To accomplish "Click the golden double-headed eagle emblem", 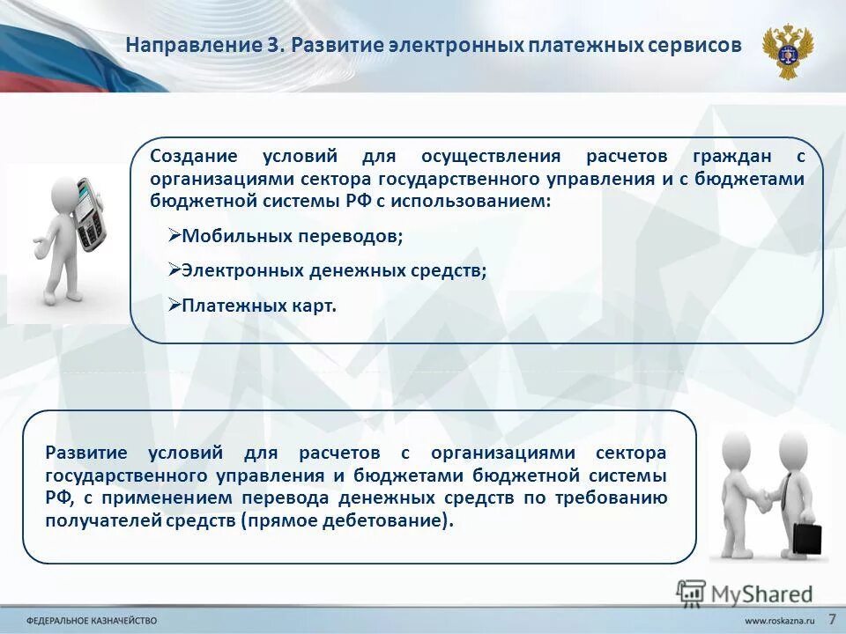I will (x=787, y=52).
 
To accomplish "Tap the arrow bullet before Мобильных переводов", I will (x=173, y=236).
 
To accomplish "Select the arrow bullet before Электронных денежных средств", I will (x=173, y=270).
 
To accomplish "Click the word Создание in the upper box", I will (x=193, y=157).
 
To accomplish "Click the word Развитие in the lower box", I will (x=86, y=453).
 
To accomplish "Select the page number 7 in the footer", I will (x=832, y=618).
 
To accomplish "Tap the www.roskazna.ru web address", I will (x=779, y=620).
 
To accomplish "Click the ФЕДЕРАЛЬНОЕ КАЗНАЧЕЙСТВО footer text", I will (x=85, y=620).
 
